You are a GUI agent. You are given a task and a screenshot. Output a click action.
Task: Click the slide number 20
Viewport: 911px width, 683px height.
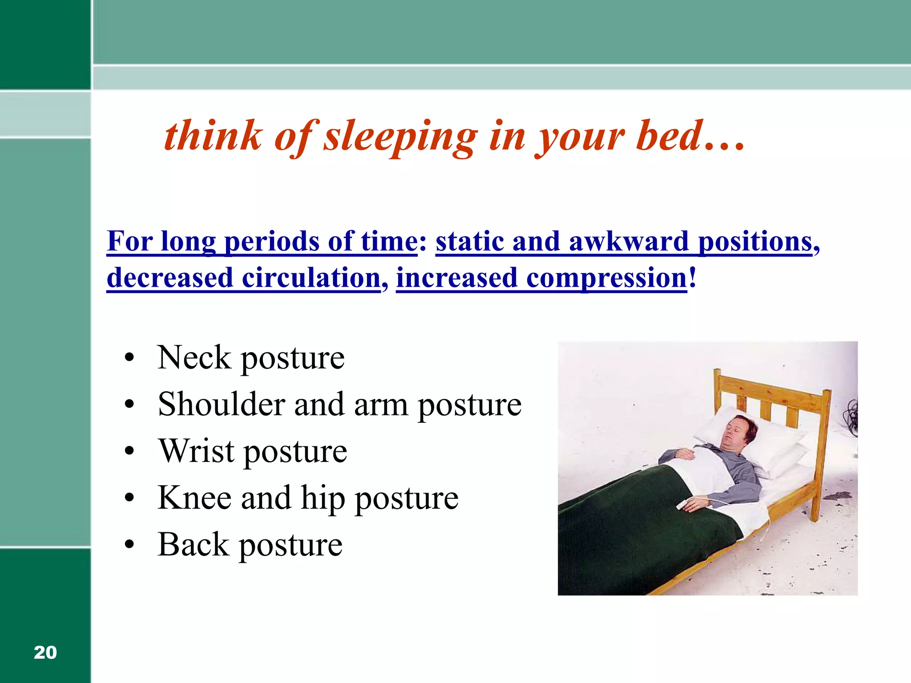(x=45, y=652)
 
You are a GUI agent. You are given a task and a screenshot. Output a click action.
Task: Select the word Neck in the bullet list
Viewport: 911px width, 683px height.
(x=194, y=358)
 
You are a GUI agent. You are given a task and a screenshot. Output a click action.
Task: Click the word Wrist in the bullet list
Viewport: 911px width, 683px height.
(x=196, y=451)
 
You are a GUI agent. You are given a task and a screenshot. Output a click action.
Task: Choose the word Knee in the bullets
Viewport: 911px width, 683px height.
(x=194, y=498)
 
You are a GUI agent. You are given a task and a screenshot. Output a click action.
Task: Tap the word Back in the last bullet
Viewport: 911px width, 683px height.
(x=193, y=544)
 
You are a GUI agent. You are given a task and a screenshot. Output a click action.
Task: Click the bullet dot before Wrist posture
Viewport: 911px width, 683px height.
(x=129, y=452)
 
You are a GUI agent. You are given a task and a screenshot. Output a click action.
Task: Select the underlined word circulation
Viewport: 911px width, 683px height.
(x=311, y=278)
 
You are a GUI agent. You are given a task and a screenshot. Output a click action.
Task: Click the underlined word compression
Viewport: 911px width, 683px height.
(x=607, y=278)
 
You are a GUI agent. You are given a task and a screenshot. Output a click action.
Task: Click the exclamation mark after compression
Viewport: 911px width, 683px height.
(x=692, y=278)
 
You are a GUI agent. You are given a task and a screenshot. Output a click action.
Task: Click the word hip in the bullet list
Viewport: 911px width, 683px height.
(x=323, y=498)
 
